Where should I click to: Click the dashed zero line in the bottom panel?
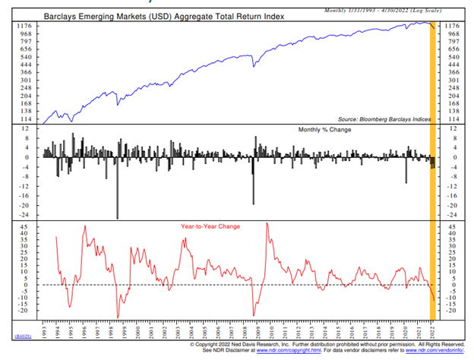click(228, 285)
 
